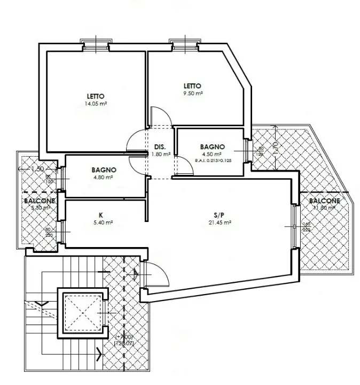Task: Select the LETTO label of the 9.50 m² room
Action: click(192, 86)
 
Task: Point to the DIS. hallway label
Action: click(159, 147)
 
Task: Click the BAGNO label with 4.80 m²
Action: click(104, 170)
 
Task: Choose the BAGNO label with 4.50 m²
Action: click(212, 147)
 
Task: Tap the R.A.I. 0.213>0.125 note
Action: click(213, 160)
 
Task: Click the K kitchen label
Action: click(101, 215)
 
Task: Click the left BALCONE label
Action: click(40, 201)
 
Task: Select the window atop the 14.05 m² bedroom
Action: click(96, 45)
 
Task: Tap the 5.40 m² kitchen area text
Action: click(101, 223)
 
